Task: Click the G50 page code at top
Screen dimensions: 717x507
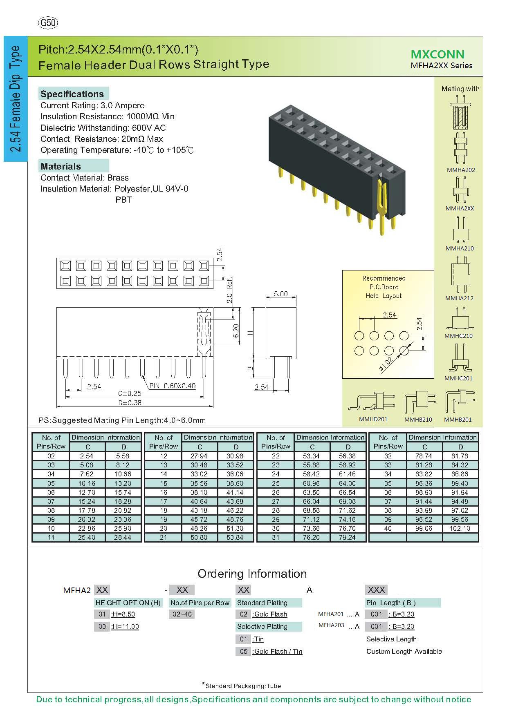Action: pos(47,23)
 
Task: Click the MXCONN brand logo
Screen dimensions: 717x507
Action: pos(437,54)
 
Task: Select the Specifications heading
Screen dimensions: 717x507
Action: pos(72,94)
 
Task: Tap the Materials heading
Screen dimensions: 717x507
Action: pos(61,166)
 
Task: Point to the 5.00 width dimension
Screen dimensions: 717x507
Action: pos(280,294)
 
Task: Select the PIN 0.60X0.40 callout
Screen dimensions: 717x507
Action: pos(172,386)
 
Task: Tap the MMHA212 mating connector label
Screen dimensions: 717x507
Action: pos(459,298)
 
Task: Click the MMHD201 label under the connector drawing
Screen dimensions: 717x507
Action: pos(373,419)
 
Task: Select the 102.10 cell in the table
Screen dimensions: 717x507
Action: pos(460,528)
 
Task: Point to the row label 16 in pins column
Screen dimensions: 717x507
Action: pos(164,492)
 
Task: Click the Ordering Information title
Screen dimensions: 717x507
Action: pos(252,574)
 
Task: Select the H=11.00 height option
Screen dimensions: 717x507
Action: pos(125,626)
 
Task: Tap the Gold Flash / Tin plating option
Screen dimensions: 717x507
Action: pos(278,651)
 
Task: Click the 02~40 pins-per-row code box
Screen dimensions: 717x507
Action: pos(182,614)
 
